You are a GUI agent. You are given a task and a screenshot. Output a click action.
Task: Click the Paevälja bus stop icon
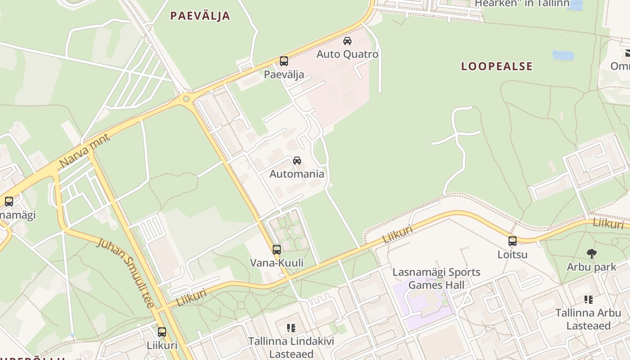(283, 61)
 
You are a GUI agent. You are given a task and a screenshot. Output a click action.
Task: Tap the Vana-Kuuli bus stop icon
(276, 249)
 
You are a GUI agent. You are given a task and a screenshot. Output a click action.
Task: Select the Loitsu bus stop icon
(512, 241)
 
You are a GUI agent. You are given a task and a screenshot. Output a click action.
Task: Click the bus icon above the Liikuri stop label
(162, 332)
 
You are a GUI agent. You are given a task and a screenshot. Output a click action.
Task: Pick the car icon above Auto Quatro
(347, 41)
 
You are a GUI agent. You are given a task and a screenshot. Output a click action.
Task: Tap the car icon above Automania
(297, 161)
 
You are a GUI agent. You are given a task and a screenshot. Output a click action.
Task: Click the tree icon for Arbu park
(591, 254)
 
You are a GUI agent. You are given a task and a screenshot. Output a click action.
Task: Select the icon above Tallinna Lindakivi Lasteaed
(291, 328)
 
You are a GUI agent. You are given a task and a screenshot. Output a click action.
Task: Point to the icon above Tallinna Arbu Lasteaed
(588, 299)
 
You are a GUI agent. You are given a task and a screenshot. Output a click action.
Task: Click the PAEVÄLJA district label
(200, 16)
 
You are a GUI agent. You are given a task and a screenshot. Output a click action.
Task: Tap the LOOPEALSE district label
(497, 67)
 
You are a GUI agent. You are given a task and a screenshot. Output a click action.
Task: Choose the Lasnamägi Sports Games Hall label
(436, 279)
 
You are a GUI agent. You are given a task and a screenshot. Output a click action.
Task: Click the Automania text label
(297, 174)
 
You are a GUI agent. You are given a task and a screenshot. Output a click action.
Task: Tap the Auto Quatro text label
(347, 54)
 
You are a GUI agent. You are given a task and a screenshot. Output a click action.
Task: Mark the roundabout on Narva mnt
(186, 99)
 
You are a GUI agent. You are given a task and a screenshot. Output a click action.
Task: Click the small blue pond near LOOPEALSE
(563, 55)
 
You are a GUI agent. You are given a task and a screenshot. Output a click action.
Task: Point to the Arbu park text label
(591, 267)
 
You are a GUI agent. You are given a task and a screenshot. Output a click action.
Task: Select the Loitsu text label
(512, 255)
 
